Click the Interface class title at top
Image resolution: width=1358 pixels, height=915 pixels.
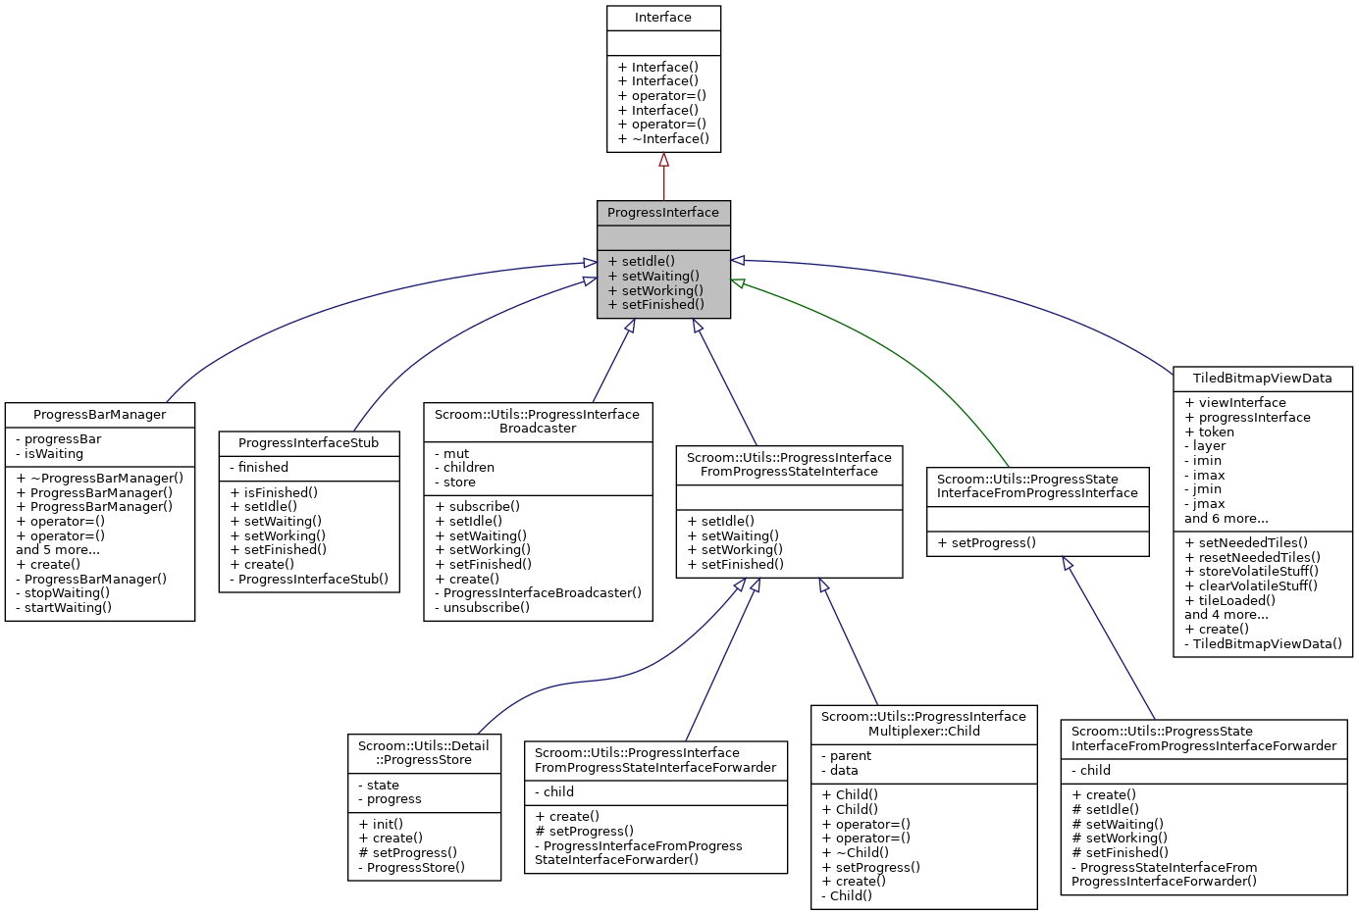tap(663, 18)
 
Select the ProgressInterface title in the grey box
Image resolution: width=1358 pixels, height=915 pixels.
tap(663, 213)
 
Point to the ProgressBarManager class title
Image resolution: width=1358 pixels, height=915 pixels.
tap(100, 415)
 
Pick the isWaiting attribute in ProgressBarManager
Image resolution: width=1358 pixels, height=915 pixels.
tap(54, 454)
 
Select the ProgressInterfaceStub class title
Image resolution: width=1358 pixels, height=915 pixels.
tap(308, 443)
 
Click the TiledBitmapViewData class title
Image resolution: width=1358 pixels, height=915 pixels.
tap(1262, 379)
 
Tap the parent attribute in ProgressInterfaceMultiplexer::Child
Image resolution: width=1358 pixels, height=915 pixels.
tap(850, 756)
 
